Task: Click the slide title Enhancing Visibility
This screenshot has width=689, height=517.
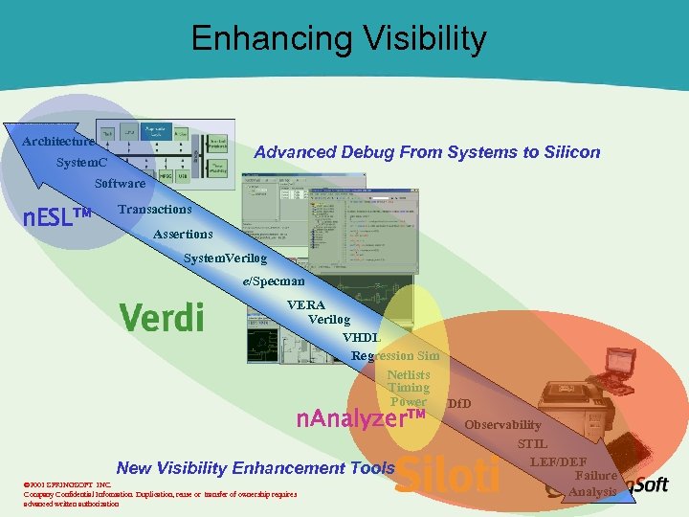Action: coord(339,39)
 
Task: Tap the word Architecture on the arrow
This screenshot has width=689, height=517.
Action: coord(58,142)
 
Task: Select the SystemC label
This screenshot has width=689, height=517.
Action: coord(81,163)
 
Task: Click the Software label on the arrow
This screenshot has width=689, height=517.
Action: coord(120,183)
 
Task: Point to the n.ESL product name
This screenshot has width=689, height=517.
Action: coord(56,217)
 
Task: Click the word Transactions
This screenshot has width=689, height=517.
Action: coord(154,209)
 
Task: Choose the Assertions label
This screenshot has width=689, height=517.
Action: coord(183,234)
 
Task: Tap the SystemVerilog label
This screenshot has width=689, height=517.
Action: coord(225,258)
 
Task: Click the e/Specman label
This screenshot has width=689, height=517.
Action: coord(273,281)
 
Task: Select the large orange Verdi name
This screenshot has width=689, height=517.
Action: coord(161,316)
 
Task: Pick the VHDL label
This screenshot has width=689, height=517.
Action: coord(361,337)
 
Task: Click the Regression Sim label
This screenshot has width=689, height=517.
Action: coord(395,356)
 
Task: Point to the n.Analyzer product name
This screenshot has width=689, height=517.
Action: coord(360,418)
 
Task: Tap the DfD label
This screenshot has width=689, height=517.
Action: coord(458,404)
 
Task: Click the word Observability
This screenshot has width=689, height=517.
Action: coord(502,424)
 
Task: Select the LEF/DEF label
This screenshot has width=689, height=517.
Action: coord(558,462)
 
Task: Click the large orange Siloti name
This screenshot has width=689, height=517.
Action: coord(448,476)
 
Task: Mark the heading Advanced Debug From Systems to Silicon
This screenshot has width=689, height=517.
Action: coord(427,152)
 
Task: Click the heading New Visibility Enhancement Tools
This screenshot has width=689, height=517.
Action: coord(255,468)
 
